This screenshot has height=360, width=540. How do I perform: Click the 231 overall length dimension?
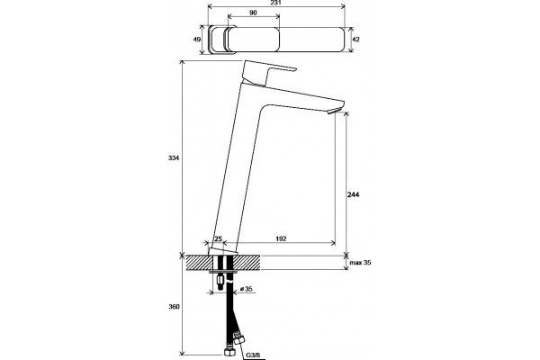(x=276, y=3)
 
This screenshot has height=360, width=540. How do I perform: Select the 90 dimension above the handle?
(x=253, y=13)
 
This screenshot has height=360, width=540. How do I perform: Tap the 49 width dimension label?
(x=196, y=40)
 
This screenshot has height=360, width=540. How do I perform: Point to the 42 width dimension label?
(x=355, y=40)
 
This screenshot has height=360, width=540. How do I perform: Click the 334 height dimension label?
(x=174, y=158)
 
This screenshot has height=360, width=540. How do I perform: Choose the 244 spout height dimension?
(x=353, y=194)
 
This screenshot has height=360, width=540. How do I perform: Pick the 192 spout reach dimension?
(x=281, y=238)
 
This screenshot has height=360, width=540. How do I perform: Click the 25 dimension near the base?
(x=219, y=238)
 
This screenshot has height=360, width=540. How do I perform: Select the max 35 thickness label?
(x=360, y=263)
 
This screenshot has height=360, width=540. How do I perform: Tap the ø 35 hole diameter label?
(x=247, y=289)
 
